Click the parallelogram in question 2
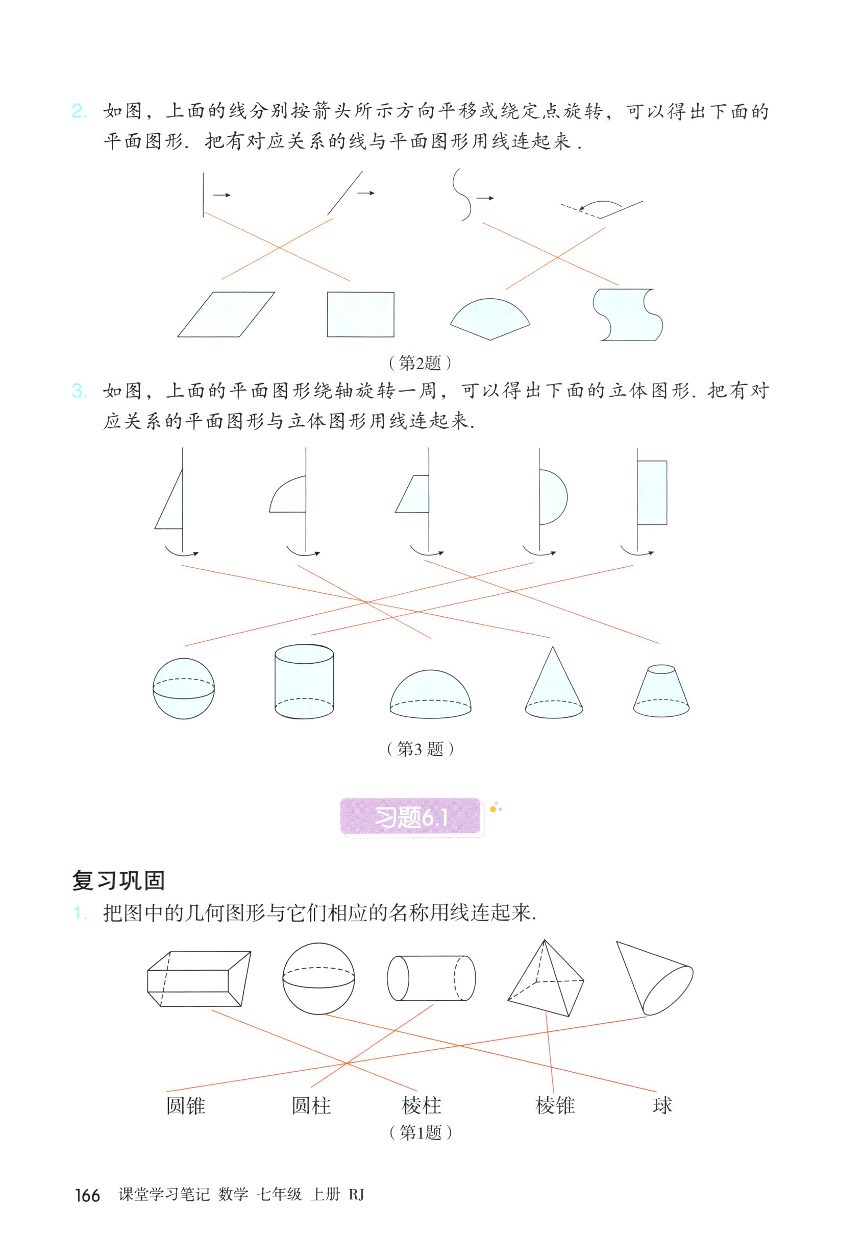tap(226, 315)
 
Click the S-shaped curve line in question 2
tap(462, 195)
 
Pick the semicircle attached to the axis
tap(552, 497)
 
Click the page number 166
tap(87, 1195)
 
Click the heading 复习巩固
tap(118, 881)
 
